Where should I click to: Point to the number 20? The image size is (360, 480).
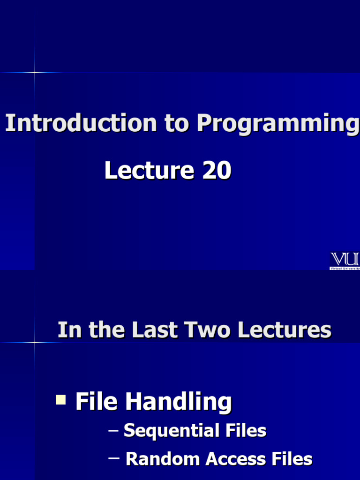pyautogui.click(x=217, y=170)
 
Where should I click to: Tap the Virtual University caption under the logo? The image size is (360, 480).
pyautogui.click(x=345, y=269)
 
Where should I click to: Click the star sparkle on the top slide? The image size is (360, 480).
pyautogui.click(x=35, y=72)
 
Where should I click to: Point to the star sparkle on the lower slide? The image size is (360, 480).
pyautogui.click(x=35, y=343)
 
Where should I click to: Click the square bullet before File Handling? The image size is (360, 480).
pyautogui.click(x=60, y=400)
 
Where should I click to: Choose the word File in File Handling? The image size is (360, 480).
pyautogui.click(x=96, y=402)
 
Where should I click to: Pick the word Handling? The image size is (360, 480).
pyautogui.click(x=178, y=403)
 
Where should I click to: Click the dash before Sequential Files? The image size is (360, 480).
pyautogui.click(x=113, y=430)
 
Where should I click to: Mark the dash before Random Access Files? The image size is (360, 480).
pyautogui.click(x=114, y=458)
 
